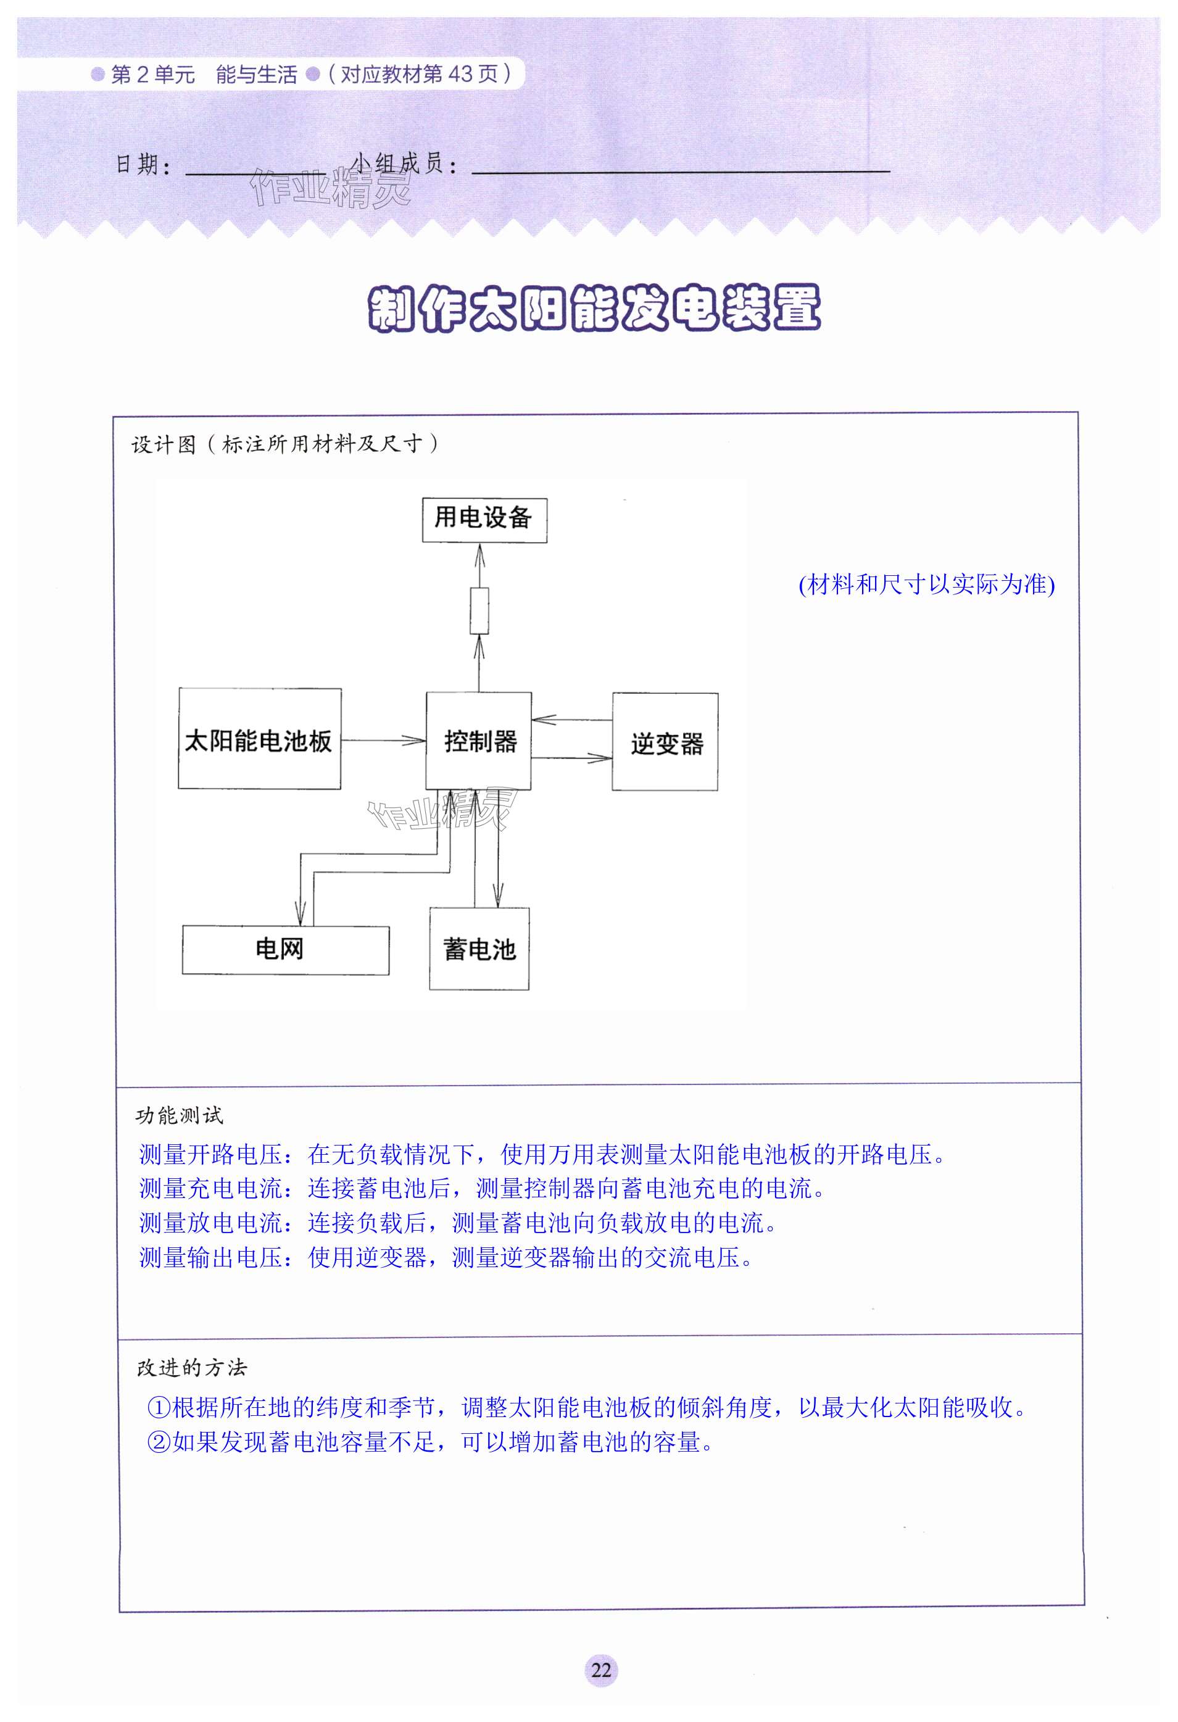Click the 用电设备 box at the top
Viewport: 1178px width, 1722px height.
point(484,520)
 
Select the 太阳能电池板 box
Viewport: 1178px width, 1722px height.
point(259,739)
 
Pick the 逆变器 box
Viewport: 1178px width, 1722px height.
point(665,742)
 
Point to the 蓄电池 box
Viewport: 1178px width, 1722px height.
point(479,949)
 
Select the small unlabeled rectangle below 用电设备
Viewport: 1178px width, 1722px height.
point(479,610)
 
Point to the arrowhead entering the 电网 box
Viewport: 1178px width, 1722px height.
point(300,913)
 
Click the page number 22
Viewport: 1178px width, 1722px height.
point(601,1670)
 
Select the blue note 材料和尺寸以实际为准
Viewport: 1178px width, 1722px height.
point(926,584)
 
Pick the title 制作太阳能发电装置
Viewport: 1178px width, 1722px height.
point(594,307)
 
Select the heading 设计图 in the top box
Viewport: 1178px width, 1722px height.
point(164,444)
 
